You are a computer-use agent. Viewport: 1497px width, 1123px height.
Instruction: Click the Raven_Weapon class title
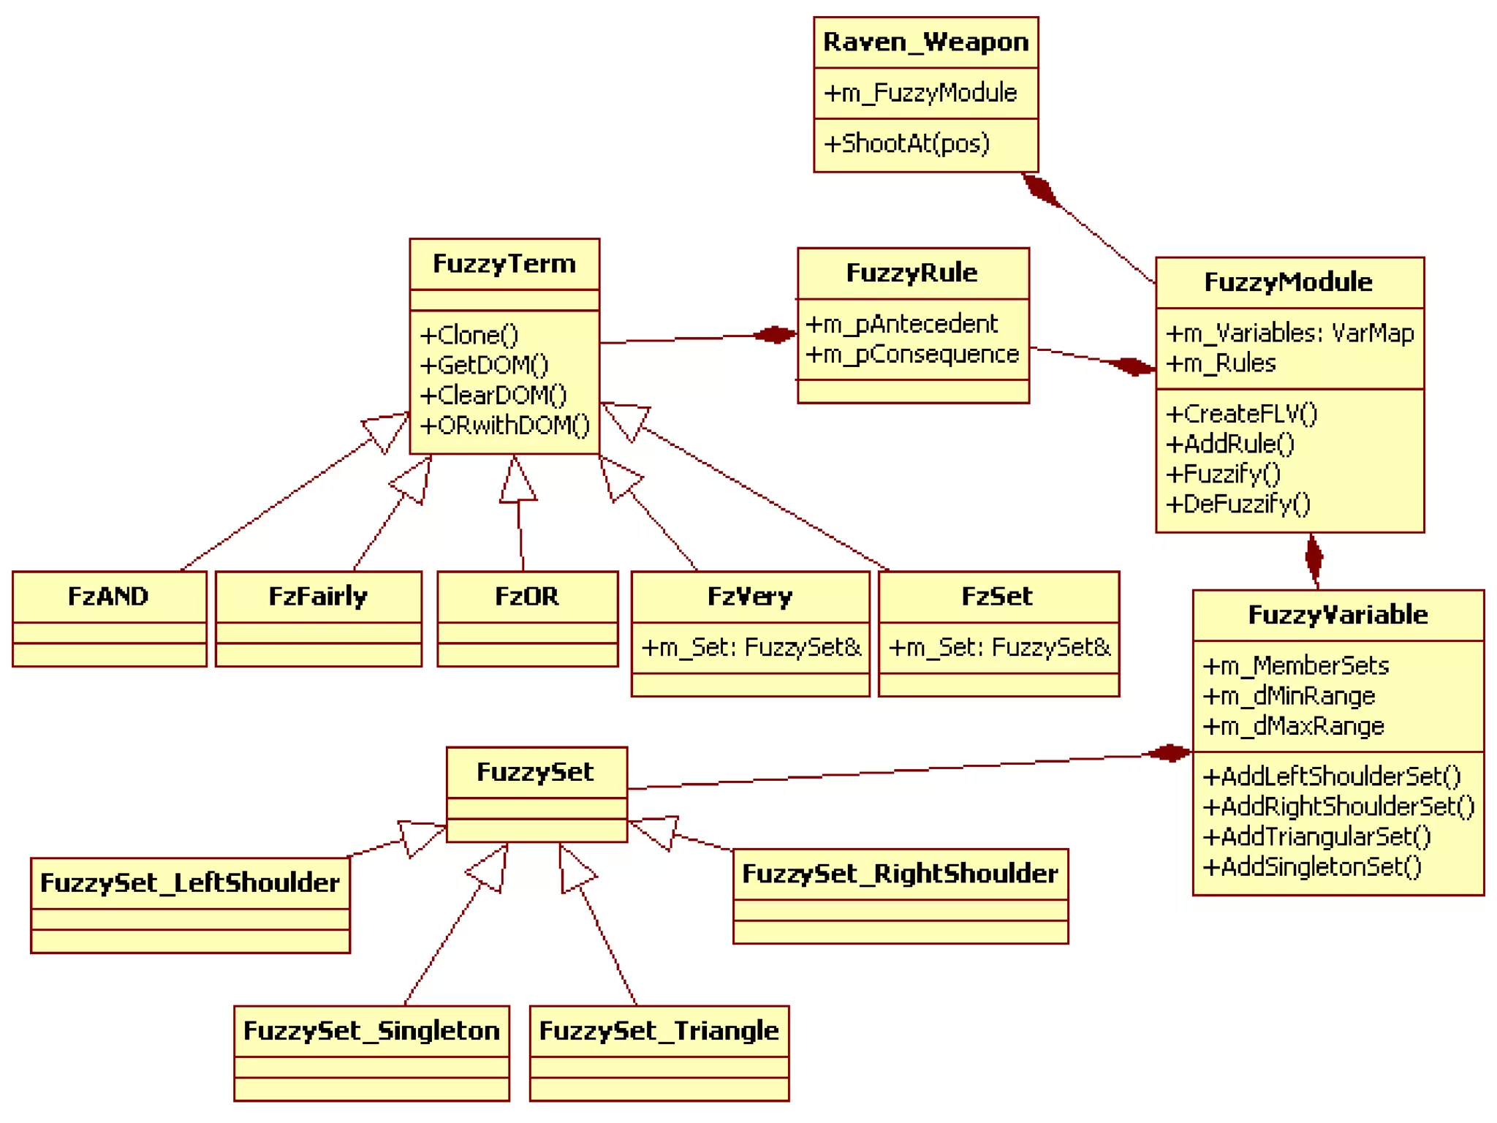click(x=925, y=42)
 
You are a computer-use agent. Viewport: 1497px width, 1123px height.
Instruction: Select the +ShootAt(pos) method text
click(x=906, y=143)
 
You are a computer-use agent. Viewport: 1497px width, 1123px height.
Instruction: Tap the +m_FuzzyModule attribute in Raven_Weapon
click(x=920, y=93)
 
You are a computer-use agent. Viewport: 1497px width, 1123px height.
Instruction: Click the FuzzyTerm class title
click(x=504, y=264)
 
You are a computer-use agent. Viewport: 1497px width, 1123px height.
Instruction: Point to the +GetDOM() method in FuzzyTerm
click(x=483, y=365)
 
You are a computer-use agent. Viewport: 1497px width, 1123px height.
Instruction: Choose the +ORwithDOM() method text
click(x=504, y=425)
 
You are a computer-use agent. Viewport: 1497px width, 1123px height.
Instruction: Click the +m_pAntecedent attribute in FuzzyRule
click(x=901, y=324)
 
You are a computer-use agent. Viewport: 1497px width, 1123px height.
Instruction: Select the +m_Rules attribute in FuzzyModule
click(x=1220, y=363)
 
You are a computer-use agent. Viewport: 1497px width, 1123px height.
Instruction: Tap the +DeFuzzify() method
click(x=1238, y=504)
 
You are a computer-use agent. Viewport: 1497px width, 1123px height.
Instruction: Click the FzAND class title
click(x=108, y=597)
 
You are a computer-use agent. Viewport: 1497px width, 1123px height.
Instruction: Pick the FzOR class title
click(x=526, y=597)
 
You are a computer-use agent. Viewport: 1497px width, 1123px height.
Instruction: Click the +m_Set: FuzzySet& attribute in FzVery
click(x=751, y=648)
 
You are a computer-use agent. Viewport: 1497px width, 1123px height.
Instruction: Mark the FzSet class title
click(x=997, y=597)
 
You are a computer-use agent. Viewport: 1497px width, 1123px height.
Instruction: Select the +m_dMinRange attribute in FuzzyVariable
click(x=1288, y=696)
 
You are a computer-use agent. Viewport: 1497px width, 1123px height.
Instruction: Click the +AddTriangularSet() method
click(x=1316, y=836)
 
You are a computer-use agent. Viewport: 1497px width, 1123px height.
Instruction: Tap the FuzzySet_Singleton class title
click(x=371, y=1031)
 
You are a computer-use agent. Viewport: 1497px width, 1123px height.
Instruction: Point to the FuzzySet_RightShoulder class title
click(x=900, y=874)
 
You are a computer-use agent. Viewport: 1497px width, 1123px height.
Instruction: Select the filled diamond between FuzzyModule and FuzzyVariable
click(x=1314, y=559)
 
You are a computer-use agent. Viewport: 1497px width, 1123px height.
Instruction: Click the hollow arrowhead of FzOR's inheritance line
click(x=517, y=481)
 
